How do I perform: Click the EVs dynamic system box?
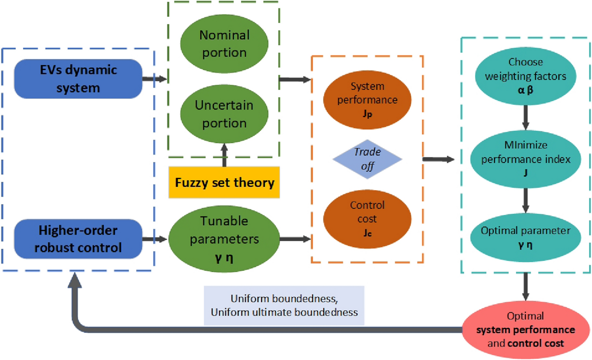pyautogui.click(x=78, y=79)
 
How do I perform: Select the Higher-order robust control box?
pyautogui.click(x=78, y=239)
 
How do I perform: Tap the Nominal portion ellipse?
pyautogui.click(x=224, y=43)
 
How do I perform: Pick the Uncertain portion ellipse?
pyautogui.click(x=224, y=114)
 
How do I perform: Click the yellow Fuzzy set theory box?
pyautogui.click(x=224, y=182)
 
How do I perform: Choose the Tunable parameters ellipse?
pyautogui.click(x=224, y=239)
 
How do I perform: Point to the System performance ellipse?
pyautogui.click(x=367, y=100)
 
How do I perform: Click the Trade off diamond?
pyautogui.click(x=367, y=159)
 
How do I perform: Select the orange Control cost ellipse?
pyautogui.click(x=367, y=219)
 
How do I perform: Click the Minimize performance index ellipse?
pyautogui.click(x=526, y=159)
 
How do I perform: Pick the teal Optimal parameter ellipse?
pyautogui.click(x=526, y=237)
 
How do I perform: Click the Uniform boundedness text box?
pyautogui.click(x=284, y=306)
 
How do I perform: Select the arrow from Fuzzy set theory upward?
pyautogui.click(x=224, y=155)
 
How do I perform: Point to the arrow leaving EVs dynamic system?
pyautogui.click(x=154, y=79)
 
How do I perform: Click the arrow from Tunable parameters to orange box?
pyautogui.click(x=295, y=239)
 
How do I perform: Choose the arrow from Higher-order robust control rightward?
pyautogui.click(x=155, y=239)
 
